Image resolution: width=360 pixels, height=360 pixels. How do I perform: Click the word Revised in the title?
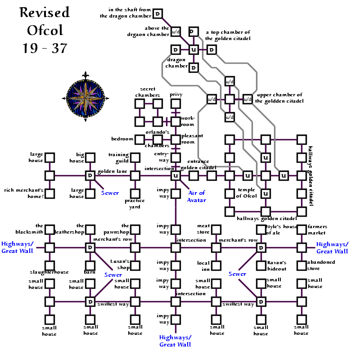pos(45,13)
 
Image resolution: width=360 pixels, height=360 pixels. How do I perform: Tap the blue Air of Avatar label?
pos(196,196)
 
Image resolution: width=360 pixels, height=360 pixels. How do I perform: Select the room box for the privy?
pos(175,103)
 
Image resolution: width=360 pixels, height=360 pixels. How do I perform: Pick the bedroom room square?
pos(139,139)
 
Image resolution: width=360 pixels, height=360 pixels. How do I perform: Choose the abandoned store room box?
pos(301,265)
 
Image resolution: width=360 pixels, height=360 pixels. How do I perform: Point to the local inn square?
pos(216,265)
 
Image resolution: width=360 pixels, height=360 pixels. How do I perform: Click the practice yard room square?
pos(135,193)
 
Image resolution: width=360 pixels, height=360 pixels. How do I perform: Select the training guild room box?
pos(135,157)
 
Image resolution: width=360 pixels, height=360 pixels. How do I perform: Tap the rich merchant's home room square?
pos(49,193)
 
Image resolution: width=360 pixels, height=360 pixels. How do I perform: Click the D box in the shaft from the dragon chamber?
pos(157,14)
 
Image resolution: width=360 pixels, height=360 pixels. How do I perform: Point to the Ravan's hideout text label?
pos(277,265)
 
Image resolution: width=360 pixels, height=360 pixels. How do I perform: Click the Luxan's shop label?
pos(120,264)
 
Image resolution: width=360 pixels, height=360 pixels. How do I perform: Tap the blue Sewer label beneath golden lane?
pos(110,193)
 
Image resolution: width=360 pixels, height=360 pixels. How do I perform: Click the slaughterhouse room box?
pos(49,265)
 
